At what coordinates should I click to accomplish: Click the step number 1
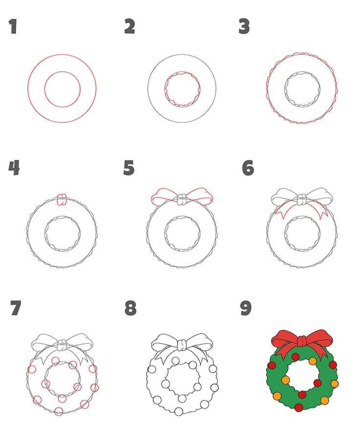[13, 26]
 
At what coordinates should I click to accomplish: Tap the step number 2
[130, 26]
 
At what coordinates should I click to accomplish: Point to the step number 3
[244, 26]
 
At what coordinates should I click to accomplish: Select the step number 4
[14, 168]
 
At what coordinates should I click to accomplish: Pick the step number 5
[129, 168]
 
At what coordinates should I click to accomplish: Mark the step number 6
[248, 168]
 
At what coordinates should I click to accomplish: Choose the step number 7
[16, 308]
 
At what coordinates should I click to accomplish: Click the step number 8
[131, 308]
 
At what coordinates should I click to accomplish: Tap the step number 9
[246, 308]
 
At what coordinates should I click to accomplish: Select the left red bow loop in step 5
[164, 197]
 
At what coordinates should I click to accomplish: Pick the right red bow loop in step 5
[200, 196]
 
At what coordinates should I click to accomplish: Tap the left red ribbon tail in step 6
[285, 210]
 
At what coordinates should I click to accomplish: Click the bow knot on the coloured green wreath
[302, 341]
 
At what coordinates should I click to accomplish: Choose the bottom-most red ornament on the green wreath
[298, 407]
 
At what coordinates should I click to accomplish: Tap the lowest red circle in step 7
[59, 411]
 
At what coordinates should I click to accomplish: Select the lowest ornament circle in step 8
[179, 411]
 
